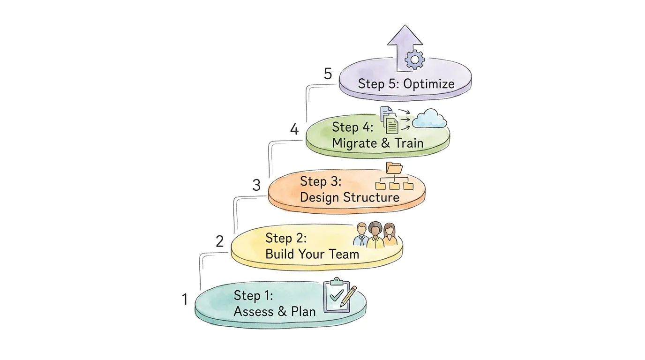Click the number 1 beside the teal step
(185, 299)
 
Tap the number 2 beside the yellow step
(220, 241)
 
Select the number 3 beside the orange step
(256, 185)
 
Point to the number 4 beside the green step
(294, 129)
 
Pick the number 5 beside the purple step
(328, 74)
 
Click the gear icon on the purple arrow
(414, 60)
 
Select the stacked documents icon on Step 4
(389, 120)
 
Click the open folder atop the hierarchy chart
(394, 168)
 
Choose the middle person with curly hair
(375, 234)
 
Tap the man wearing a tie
(361, 235)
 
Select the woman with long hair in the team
(389, 235)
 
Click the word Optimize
(428, 84)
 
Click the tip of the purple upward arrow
(405, 27)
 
